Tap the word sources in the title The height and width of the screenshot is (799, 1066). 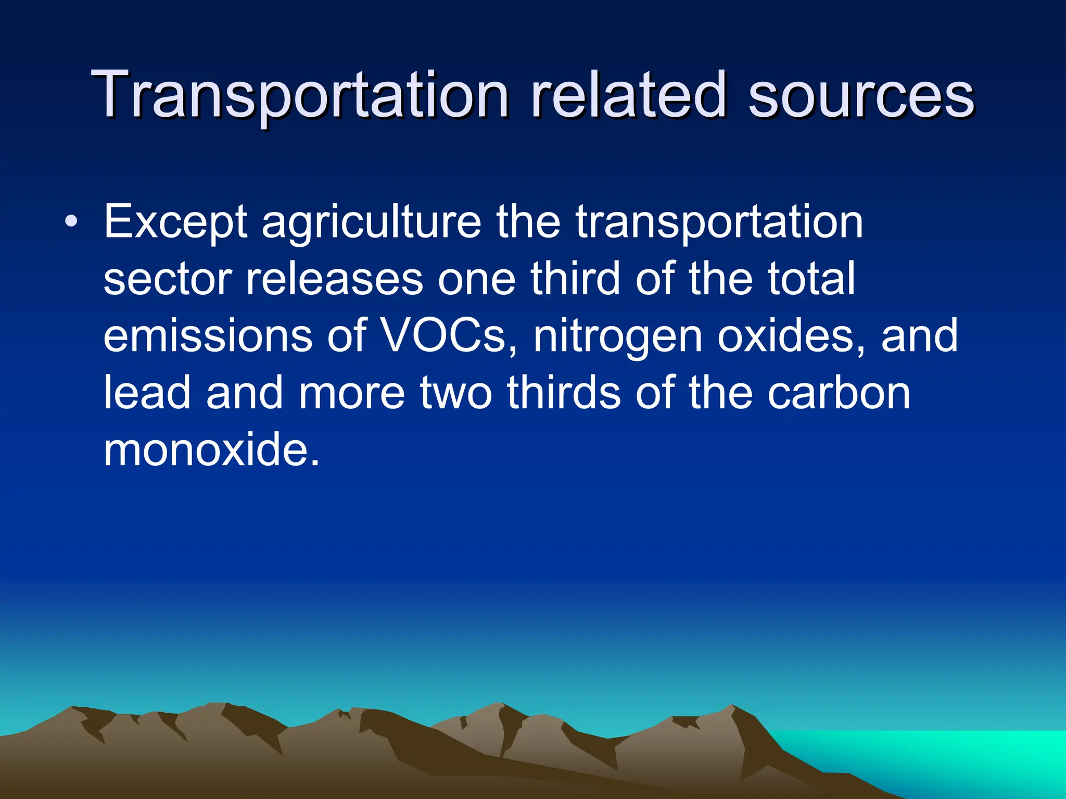pyautogui.click(x=861, y=97)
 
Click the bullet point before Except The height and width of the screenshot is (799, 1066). pyautogui.click(x=71, y=223)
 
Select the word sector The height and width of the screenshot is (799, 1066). pyautogui.click(x=167, y=280)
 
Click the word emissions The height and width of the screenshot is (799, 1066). pyautogui.click(x=208, y=336)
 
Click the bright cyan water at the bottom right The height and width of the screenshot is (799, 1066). pyautogui.click(x=963, y=750)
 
